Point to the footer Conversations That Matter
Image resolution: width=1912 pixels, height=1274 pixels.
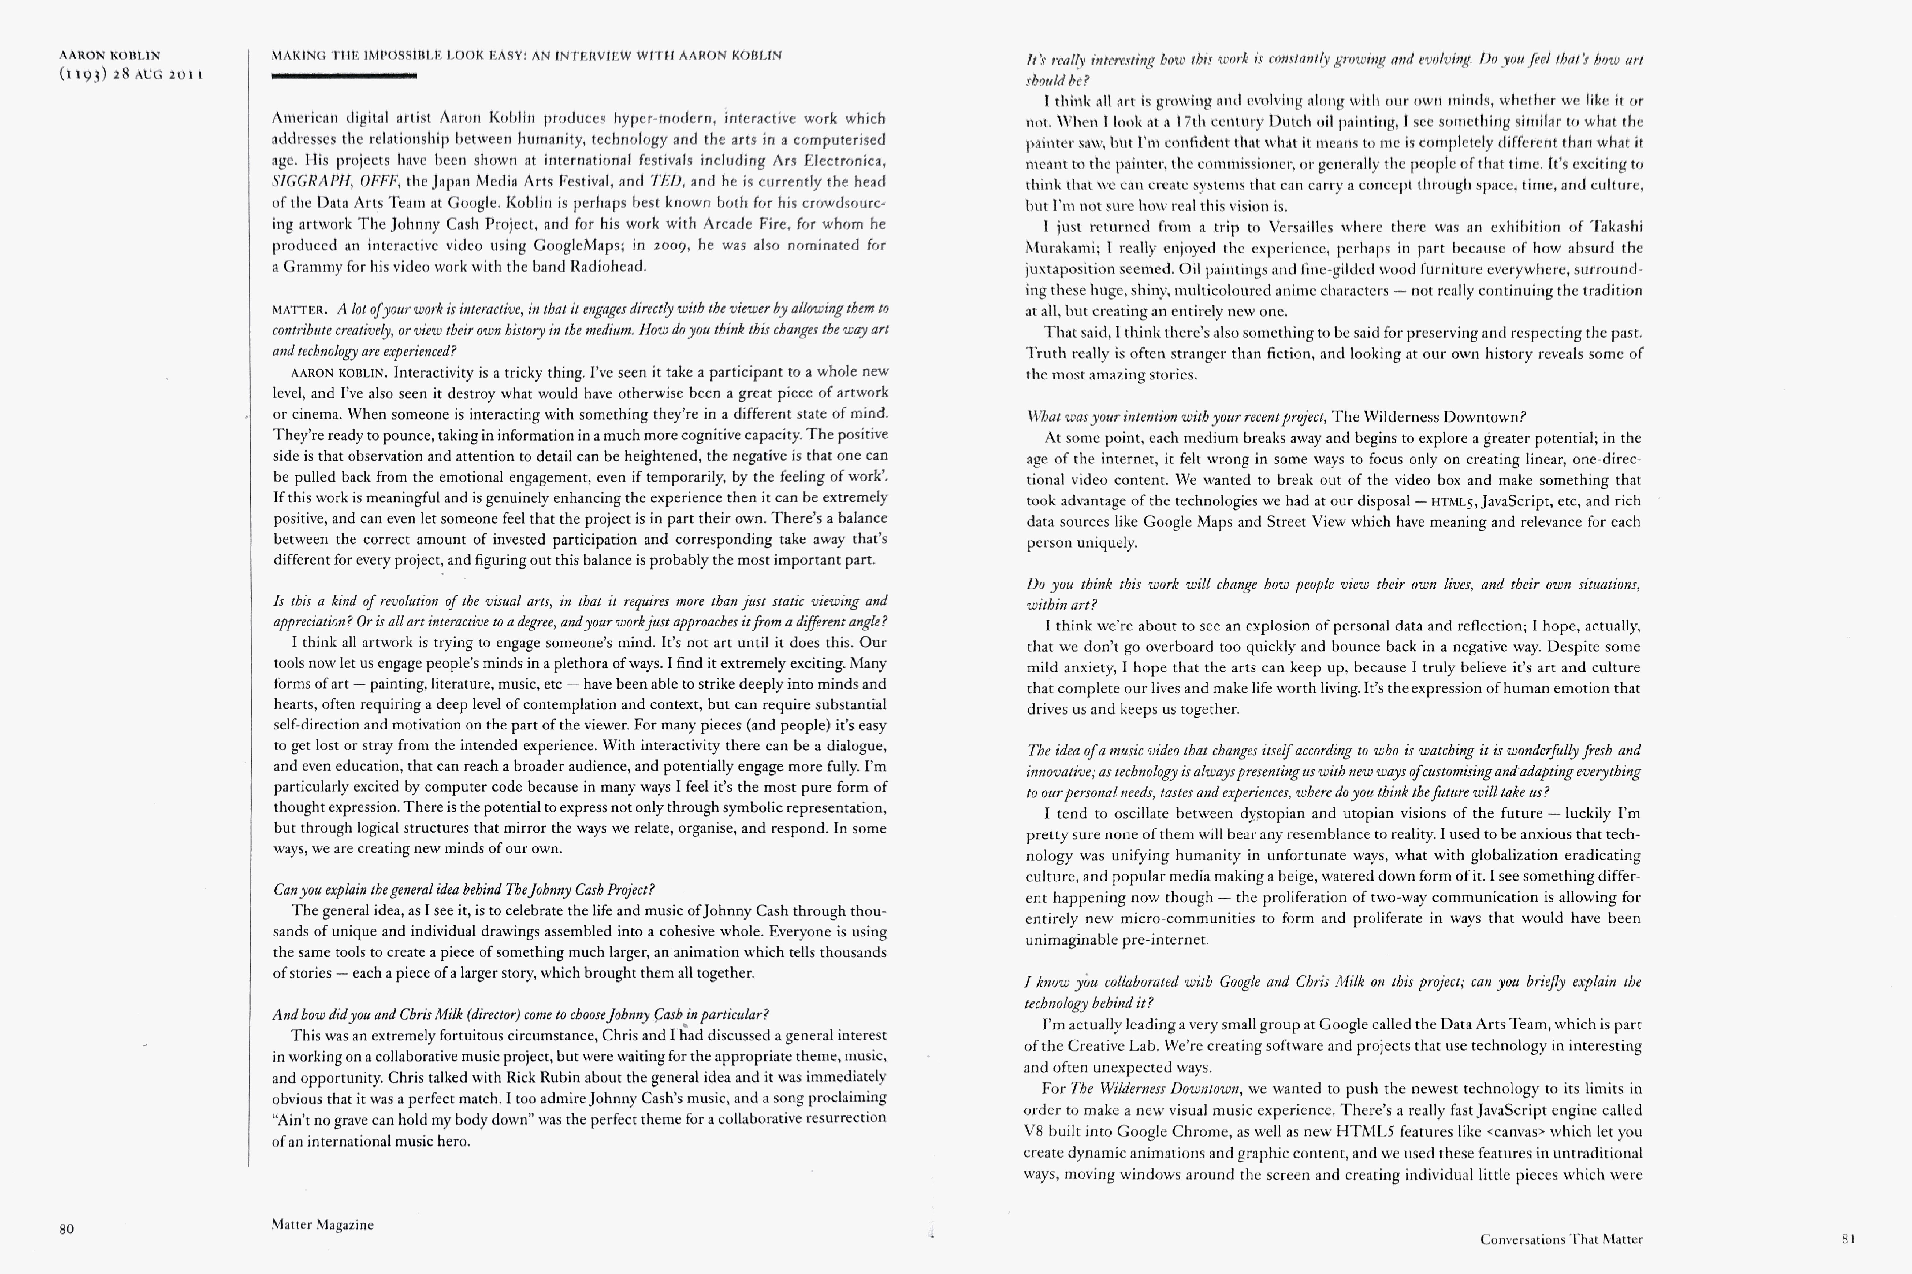(1561, 1239)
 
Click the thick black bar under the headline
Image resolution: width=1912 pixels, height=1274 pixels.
(344, 76)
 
